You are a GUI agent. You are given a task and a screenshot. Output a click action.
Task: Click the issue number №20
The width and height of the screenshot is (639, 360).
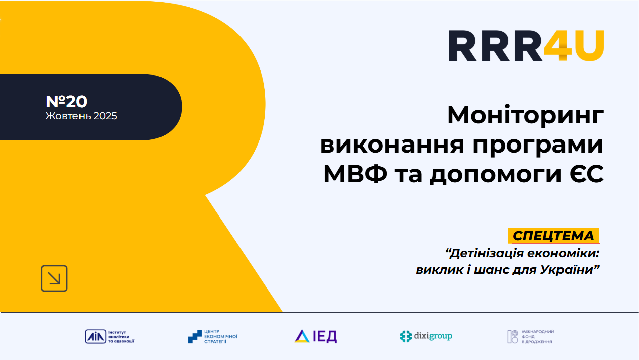click(66, 101)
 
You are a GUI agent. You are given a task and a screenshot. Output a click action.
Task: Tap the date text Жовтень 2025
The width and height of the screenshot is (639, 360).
click(82, 116)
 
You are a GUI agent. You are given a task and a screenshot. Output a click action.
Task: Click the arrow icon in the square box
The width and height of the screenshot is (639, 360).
click(54, 278)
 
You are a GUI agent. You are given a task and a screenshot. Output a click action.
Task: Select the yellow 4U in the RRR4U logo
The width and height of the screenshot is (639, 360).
click(574, 46)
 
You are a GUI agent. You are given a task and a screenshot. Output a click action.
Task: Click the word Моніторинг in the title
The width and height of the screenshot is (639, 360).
click(525, 115)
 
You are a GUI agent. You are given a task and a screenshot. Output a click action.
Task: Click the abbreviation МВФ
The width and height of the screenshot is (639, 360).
click(355, 174)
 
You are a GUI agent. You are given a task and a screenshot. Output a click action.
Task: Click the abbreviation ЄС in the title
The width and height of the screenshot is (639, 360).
click(587, 174)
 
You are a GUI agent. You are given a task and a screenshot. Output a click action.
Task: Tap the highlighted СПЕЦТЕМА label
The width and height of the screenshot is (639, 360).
click(553, 236)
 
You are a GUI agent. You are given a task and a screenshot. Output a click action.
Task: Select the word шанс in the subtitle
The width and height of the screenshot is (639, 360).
click(491, 270)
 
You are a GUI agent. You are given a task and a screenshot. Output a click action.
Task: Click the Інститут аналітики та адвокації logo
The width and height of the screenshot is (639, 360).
click(110, 337)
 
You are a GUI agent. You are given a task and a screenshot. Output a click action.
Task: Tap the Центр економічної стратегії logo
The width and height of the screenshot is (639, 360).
click(212, 337)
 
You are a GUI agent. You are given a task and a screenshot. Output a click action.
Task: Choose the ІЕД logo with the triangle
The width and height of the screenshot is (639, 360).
click(316, 336)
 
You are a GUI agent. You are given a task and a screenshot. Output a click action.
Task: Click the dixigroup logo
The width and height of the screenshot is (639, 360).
click(426, 336)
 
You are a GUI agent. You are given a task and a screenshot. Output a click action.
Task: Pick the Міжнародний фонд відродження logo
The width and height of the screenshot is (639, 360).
click(531, 337)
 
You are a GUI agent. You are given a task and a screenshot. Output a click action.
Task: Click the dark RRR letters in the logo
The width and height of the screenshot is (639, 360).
click(496, 46)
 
